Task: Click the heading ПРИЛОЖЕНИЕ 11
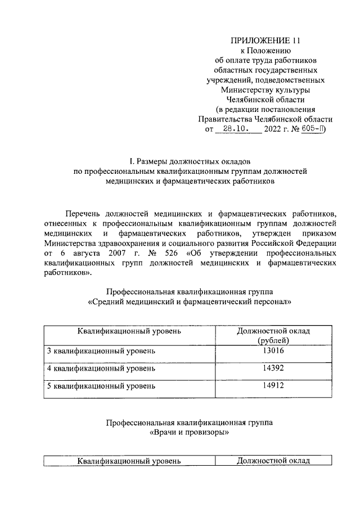click(x=265, y=40)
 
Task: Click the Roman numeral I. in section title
click(x=133, y=160)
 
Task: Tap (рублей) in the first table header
click(x=273, y=340)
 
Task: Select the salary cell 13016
click(x=273, y=352)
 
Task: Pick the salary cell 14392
click(x=273, y=369)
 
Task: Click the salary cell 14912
click(x=273, y=386)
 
